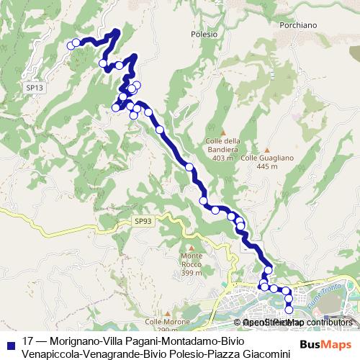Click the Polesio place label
click(x=204, y=34)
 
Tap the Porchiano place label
click(x=297, y=24)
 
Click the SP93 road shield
click(x=143, y=222)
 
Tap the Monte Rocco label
click(x=192, y=260)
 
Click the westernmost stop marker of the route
click(x=71, y=45)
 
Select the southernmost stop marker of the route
click(x=289, y=310)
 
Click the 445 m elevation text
click(x=266, y=166)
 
